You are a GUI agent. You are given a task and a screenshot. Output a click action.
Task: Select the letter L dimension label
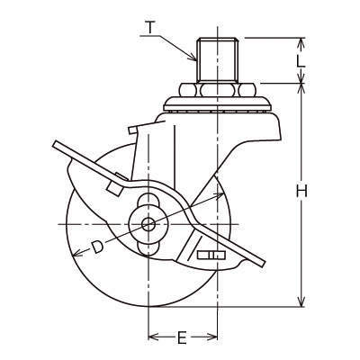pos(301,61)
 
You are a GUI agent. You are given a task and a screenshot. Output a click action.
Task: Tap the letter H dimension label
pos(301,191)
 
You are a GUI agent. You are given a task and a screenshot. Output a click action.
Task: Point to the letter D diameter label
pos(97,247)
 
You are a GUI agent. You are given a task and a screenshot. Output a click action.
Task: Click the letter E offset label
pos(182,337)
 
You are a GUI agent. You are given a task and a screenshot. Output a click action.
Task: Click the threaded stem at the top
pos(217,59)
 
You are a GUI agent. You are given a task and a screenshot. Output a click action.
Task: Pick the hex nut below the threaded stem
pos(217,90)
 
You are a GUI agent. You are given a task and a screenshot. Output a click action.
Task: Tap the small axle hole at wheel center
pos(148,224)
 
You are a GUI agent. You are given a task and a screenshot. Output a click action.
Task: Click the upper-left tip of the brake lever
pos(54,144)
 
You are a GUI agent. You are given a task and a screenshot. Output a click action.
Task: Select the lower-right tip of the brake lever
pos(264,264)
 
